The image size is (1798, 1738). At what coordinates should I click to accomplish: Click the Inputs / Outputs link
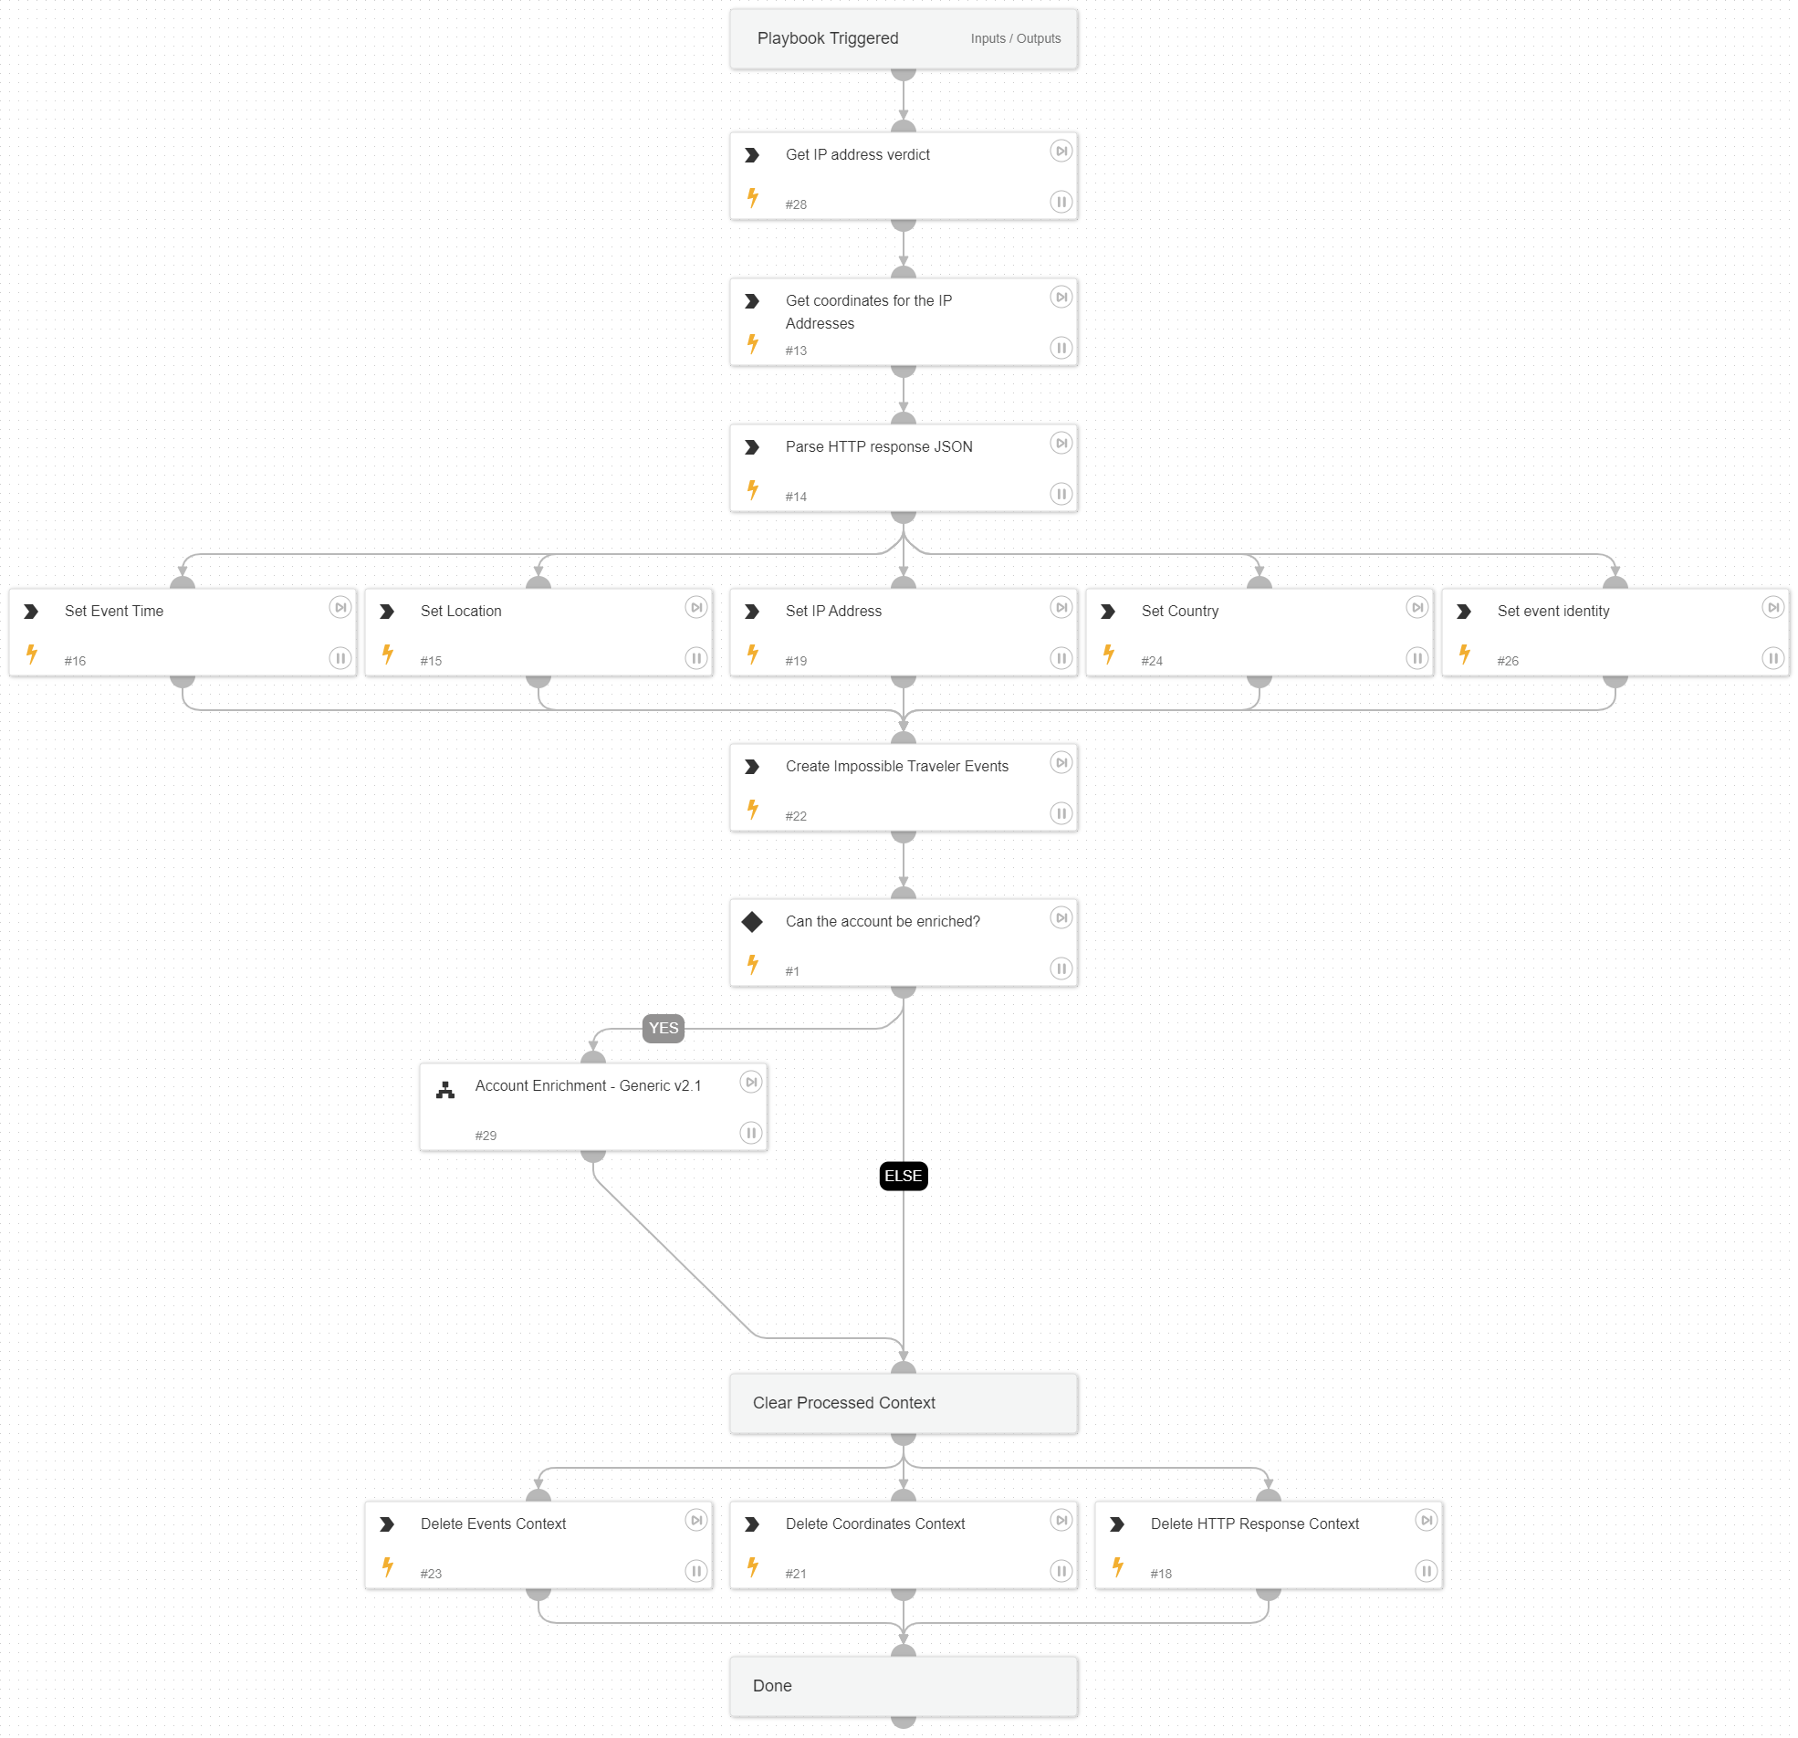(1016, 38)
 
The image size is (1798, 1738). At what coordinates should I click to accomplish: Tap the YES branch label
(664, 1028)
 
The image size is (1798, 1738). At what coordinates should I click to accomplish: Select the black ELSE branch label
(903, 1176)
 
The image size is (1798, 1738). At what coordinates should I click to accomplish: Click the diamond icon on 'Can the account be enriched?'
(752, 921)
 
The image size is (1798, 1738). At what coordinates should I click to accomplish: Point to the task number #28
(795, 204)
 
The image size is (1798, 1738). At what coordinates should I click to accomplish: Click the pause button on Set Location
(696, 658)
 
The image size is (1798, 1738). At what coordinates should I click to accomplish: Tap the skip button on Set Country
(1416, 607)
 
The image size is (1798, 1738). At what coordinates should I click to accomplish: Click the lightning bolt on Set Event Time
(32, 654)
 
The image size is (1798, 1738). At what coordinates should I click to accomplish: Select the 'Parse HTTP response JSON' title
(878, 447)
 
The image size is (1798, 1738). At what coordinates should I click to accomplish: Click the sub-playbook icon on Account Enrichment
(444, 1089)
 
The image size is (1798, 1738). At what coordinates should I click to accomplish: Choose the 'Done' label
(771, 1686)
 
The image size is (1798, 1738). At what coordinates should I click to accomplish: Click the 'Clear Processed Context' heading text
(843, 1402)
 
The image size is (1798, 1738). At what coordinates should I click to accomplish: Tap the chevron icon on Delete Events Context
(387, 1524)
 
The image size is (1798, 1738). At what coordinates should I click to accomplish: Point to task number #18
(1160, 1574)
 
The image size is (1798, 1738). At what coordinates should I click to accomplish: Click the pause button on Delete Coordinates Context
(1061, 1571)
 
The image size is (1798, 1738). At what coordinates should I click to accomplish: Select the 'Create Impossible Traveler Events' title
(896, 766)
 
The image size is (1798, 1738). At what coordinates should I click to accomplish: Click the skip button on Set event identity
(1772, 607)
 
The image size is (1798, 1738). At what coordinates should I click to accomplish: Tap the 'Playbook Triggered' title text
(828, 38)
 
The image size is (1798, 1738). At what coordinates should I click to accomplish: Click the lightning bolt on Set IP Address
(753, 654)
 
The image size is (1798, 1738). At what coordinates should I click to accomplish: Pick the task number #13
(795, 351)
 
